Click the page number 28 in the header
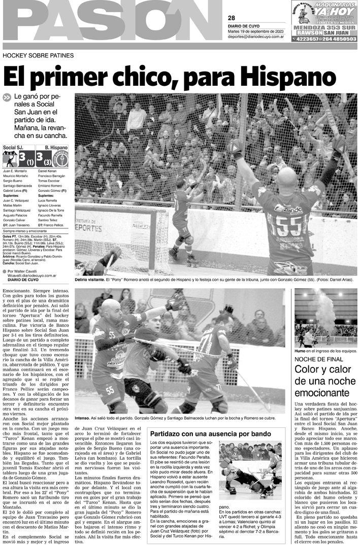(232, 18)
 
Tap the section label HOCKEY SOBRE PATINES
(38, 55)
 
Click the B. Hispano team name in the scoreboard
(55, 148)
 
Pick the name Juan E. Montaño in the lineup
(16, 172)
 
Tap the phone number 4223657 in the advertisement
(309, 38)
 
